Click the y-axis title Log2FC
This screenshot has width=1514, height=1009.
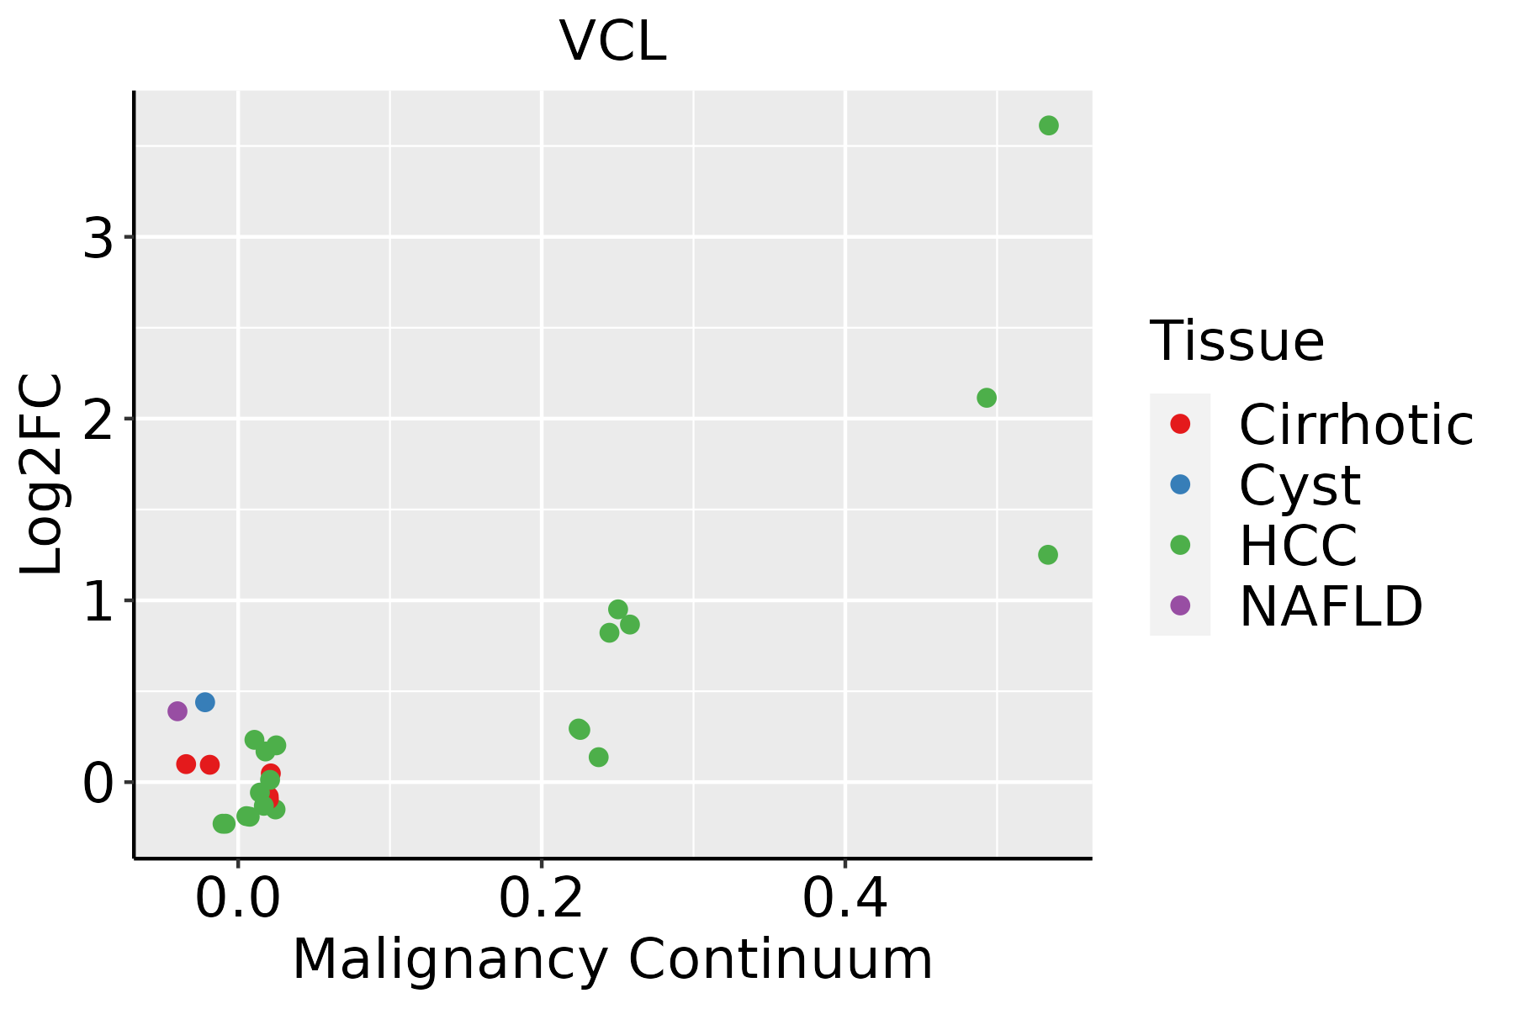point(42,474)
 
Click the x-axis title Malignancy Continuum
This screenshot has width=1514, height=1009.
point(612,959)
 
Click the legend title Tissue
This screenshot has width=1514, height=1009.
point(1237,341)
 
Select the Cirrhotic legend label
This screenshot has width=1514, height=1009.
point(1356,425)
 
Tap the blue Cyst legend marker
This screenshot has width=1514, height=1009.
point(1180,484)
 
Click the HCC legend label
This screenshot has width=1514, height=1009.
point(1298,546)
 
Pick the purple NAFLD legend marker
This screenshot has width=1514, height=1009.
point(1180,605)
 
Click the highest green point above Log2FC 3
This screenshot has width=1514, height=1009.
point(1048,126)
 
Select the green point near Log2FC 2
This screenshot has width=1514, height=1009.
point(987,398)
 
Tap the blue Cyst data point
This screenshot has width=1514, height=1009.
point(205,702)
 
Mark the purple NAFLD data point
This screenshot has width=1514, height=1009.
point(177,711)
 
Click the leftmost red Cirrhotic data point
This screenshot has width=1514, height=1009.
point(186,764)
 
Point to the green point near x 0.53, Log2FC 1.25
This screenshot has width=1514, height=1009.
point(1048,555)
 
